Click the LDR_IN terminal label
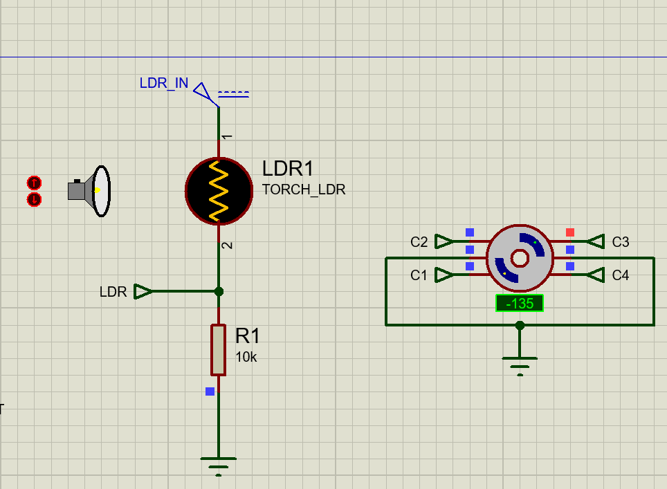[x=163, y=83]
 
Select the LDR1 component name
[x=288, y=169]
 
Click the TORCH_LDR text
[x=303, y=190]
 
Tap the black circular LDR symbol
[x=219, y=191]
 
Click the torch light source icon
[x=91, y=191]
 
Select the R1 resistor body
[x=218, y=349]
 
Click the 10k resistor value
[x=246, y=357]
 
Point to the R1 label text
[x=248, y=336]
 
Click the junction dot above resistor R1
[x=219, y=291]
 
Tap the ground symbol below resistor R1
[x=218, y=462]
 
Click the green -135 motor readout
[x=519, y=303]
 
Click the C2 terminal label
[x=419, y=242]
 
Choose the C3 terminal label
[x=621, y=242]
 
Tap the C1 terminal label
[x=419, y=275]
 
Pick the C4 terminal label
[x=621, y=275]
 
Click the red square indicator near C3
[x=570, y=232]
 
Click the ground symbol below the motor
[x=520, y=362]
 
